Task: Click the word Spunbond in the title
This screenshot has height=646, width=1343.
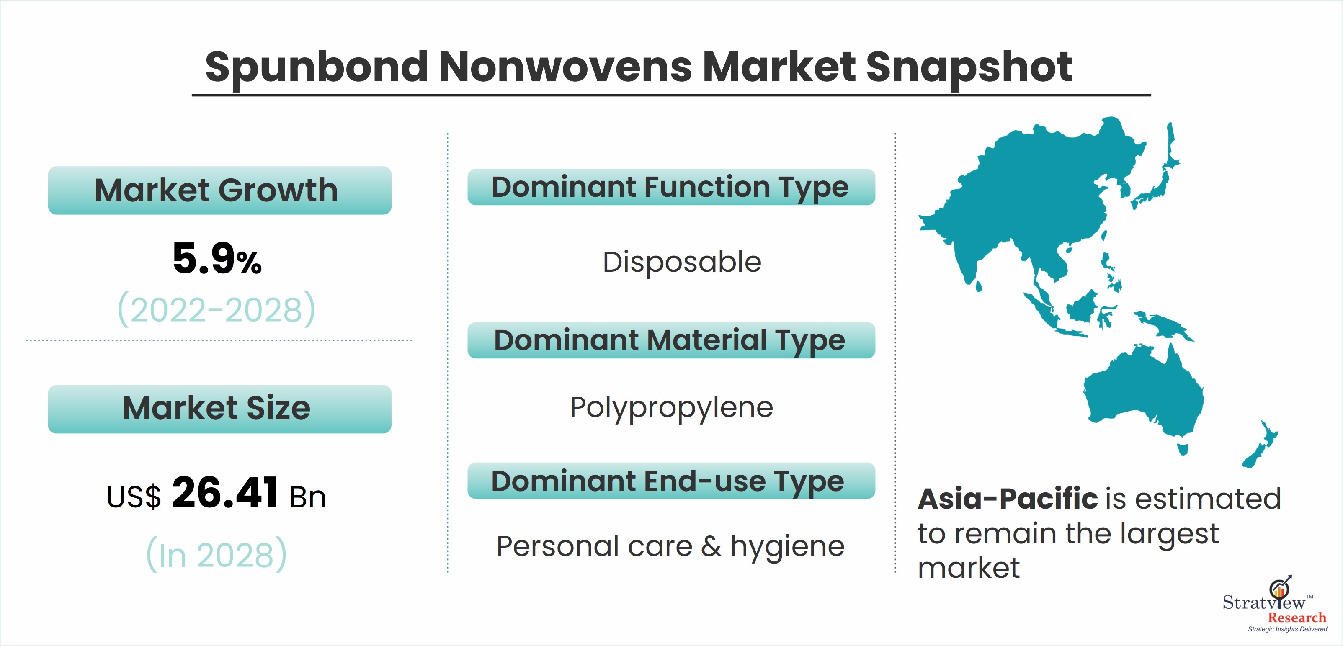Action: (317, 68)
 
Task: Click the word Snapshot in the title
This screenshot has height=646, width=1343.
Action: (969, 68)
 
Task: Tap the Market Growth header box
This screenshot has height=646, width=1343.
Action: (219, 190)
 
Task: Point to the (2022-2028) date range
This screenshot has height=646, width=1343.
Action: (217, 309)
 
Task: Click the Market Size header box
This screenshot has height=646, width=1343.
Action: (219, 409)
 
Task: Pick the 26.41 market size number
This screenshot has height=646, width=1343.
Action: (225, 493)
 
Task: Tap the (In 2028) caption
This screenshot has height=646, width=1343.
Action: (217, 554)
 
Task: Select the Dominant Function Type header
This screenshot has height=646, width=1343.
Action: (671, 187)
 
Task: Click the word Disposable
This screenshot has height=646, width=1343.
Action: (682, 262)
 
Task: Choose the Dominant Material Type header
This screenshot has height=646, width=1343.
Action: (671, 340)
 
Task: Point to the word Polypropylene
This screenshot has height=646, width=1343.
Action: (672, 408)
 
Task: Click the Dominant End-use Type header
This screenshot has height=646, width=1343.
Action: (671, 481)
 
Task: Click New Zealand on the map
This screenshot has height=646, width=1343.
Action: (1261, 444)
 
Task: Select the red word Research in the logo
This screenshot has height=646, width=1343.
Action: (1297, 618)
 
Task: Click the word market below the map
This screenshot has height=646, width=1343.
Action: (968, 568)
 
